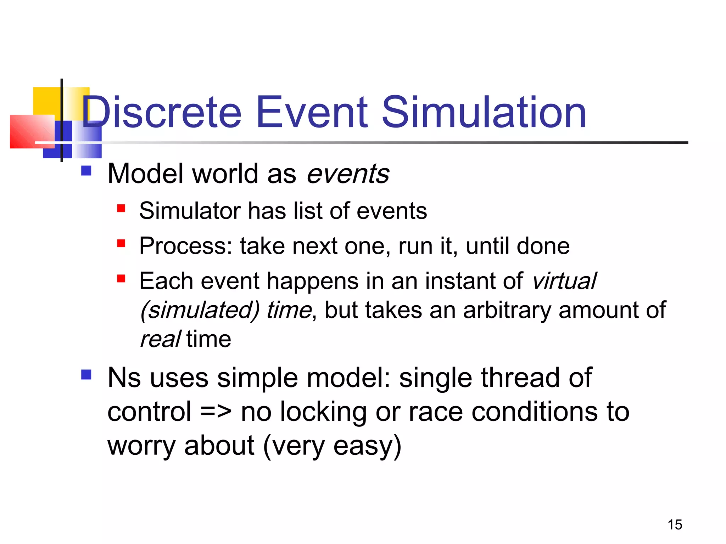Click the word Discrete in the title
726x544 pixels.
point(161,113)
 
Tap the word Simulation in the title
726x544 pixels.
point(484,113)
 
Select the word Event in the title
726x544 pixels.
point(312,113)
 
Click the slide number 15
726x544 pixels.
point(675,525)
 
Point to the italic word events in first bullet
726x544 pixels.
point(348,174)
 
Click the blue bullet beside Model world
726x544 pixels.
point(86,171)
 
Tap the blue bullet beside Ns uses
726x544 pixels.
point(86,375)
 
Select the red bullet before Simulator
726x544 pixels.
point(121,208)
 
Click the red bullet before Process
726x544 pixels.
point(121,243)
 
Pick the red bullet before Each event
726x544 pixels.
point(121,279)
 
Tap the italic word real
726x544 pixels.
point(160,339)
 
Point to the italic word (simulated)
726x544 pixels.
point(200,311)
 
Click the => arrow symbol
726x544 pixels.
point(216,412)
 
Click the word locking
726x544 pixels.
point(323,412)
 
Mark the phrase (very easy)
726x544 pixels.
point(332,446)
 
